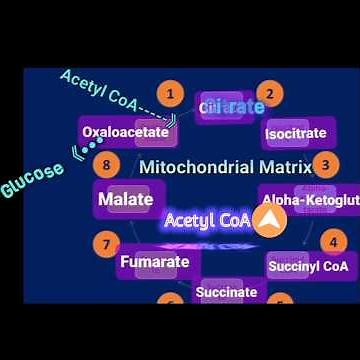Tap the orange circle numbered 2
[x=268, y=94]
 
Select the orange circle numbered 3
[x=326, y=165]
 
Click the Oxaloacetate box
[x=125, y=131]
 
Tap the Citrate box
[x=231, y=107]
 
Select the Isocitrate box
[x=295, y=133]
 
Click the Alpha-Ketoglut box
[x=310, y=200]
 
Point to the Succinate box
[x=226, y=292]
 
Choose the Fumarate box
[x=154, y=262]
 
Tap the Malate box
[x=125, y=199]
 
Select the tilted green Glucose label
[x=32, y=177]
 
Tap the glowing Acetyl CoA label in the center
[x=207, y=219]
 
